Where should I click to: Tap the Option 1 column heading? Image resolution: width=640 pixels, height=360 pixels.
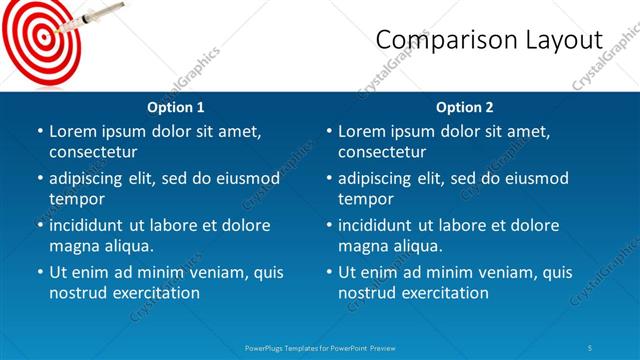point(176,107)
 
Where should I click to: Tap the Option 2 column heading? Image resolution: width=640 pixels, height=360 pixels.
point(465,107)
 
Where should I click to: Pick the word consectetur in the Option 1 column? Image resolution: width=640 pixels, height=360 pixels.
point(93,152)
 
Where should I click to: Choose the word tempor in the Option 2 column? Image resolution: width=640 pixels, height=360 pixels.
point(365,198)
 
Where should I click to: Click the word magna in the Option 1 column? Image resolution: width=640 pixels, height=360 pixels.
point(73,245)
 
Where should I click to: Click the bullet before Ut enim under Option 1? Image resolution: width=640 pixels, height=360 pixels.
point(39,272)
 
